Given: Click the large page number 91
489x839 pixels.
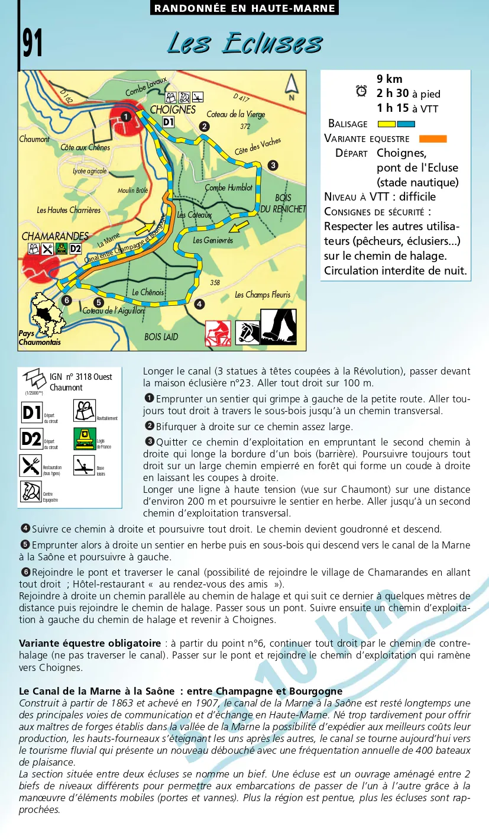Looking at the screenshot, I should (x=33, y=43).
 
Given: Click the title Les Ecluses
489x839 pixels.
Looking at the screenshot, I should (x=245, y=43).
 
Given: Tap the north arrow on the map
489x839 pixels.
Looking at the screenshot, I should (x=290, y=85).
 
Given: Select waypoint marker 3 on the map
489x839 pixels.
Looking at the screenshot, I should (x=273, y=165).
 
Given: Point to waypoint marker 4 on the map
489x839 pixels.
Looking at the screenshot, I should (x=199, y=304).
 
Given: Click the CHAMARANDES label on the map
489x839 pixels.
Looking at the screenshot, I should (x=55, y=236).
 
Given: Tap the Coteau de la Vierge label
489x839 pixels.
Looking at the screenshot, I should (x=236, y=114).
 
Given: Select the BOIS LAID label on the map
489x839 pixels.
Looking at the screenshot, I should (x=161, y=337).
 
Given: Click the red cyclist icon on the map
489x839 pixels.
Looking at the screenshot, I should (x=218, y=333).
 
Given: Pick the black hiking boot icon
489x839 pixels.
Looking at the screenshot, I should (x=278, y=327).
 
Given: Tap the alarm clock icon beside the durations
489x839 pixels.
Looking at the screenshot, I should (x=361, y=91).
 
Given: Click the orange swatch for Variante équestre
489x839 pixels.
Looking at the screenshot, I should (x=433, y=138).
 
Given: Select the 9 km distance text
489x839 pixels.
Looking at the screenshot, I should (x=389, y=79).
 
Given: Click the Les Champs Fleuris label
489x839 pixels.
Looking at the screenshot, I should (x=263, y=295).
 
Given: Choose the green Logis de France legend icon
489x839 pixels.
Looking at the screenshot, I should (x=85, y=438).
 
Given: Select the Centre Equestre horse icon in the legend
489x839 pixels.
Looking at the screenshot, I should (x=30, y=491).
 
